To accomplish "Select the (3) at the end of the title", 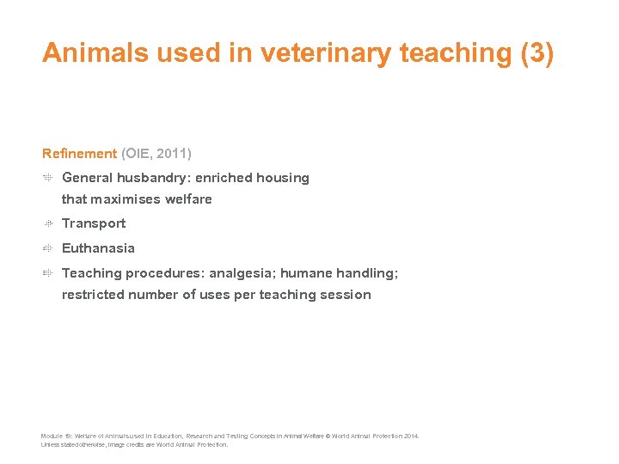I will tap(537, 53).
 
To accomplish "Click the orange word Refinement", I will tap(79, 153).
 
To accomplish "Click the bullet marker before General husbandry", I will tap(49, 178).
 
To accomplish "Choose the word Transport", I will tap(94, 223).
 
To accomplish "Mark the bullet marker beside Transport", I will tap(49, 223).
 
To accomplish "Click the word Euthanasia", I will tap(98, 248).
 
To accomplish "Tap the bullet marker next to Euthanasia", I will tap(49, 248).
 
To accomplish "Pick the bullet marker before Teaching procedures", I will tap(49, 273).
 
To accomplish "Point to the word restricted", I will tap(93, 295).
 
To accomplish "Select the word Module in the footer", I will tap(51, 437).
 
